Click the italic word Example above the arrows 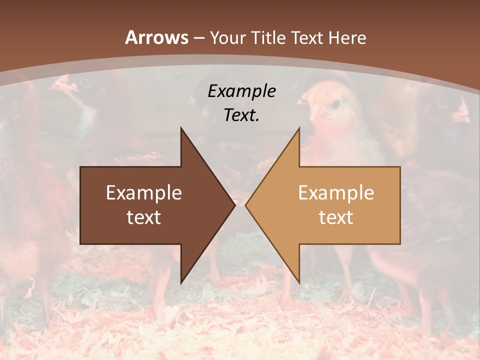click(x=241, y=91)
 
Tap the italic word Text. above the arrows click(x=241, y=115)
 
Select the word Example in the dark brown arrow click(x=144, y=192)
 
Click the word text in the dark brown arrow click(x=144, y=217)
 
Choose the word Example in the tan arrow click(x=336, y=192)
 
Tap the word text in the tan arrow click(x=336, y=217)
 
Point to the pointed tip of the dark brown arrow click(x=235, y=205)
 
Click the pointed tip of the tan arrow click(x=245, y=205)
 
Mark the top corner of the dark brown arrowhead click(x=181, y=128)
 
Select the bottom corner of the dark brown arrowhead click(x=181, y=283)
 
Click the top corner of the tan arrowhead click(x=299, y=128)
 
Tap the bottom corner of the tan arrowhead click(x=299, y=283)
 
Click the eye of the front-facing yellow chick click(x=335, y=103)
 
